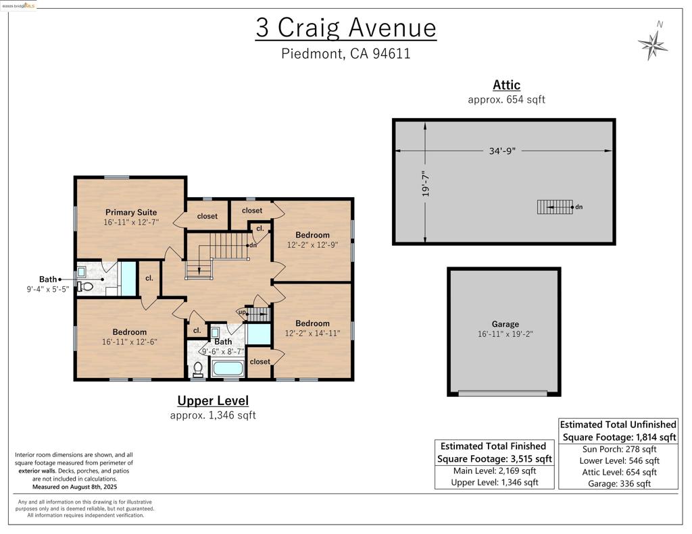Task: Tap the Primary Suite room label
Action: coord(131,212)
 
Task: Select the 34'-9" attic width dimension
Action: coord(502,151)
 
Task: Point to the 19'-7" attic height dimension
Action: coord(426,184)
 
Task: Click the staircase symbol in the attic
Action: coord(555,207)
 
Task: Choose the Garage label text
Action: coord(505,323)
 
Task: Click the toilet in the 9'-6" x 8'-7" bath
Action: coord(198,369)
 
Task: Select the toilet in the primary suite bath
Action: coord(86,287)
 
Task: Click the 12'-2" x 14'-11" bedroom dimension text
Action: coord(312,333)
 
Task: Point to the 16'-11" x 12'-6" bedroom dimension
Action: coord(129,342)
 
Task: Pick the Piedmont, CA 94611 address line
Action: coord(346,53)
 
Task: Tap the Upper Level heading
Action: coord(213,400)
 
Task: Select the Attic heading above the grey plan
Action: coord(507,84)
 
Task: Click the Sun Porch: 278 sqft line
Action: coord(619,450)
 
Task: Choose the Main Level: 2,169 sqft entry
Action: coord(495,471)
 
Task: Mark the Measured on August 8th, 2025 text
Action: coord(74,487)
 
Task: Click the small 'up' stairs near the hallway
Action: coord(258,314)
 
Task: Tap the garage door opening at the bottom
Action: coord(503,393)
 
